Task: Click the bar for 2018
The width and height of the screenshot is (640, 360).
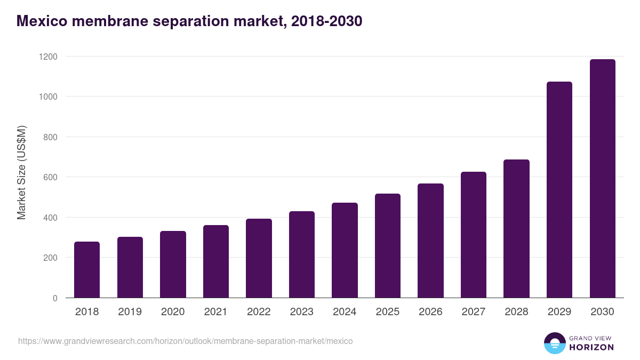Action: pos(87,270)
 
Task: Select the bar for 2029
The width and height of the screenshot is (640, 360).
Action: pos(559,190)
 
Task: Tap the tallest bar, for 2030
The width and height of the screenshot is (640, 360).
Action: pos(602,179)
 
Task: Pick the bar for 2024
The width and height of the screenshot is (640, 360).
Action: pos(345,250)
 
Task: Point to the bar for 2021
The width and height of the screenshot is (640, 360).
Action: pos(216,261)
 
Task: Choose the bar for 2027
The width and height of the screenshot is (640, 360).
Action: pos(474,235)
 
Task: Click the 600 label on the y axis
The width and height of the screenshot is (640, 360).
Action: pos(51,177)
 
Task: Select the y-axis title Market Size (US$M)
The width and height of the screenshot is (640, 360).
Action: pos(21,172)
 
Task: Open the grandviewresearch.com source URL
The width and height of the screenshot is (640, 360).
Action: pos(185,341)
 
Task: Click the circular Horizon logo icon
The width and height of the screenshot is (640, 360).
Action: pos(554,343)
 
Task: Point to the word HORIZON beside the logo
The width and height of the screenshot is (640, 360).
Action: pos(591,347)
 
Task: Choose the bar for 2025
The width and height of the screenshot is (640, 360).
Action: pos(388,246)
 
